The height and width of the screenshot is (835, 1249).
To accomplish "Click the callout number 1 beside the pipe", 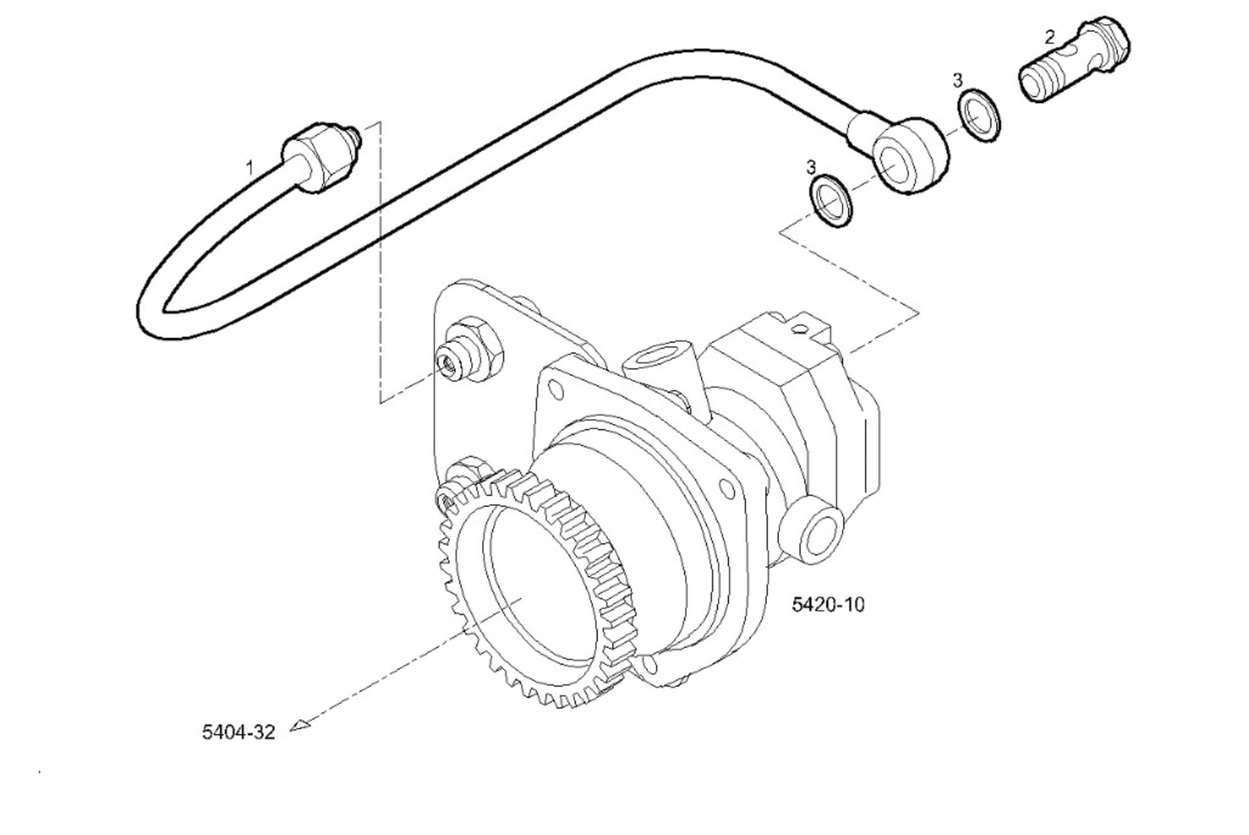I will pyautogui.click(x=249, y=168).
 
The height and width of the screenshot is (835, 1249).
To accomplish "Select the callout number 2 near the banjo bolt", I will pyautogui.click(x=1049, y=37).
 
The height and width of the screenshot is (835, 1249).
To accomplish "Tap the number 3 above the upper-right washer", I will pyautogui.click(x=957, y=81).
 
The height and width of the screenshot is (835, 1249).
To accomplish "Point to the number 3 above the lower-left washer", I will pyautogui.click(x=811, y=167).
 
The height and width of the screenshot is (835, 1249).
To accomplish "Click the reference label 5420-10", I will pyautogui.click(x=828, y=605).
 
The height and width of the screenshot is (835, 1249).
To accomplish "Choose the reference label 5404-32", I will pyautogui.click(x=238, y=732).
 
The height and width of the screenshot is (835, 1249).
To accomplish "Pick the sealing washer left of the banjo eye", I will pyautogui.click(x=831, y=200).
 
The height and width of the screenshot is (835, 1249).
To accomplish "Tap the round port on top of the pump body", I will pyautogui.click(x=652, y=357).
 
